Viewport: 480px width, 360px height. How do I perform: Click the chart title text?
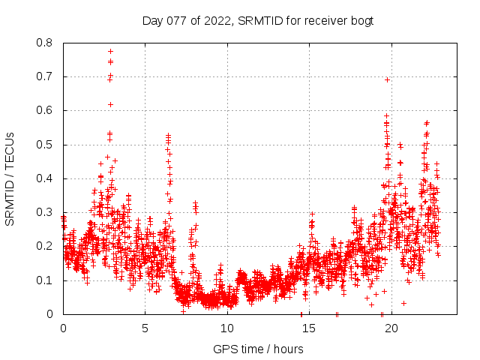click(258, 20)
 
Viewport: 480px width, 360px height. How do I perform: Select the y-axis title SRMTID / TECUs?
click(10, 178)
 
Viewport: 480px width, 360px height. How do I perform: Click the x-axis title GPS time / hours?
click(258, 349)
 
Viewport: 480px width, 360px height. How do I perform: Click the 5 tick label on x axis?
click(145, 328)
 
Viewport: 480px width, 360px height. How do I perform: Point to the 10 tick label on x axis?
click(227, 328)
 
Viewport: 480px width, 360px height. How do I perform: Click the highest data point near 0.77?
click(110, 51)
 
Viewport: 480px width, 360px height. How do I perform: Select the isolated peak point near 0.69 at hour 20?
click(387, 79)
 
